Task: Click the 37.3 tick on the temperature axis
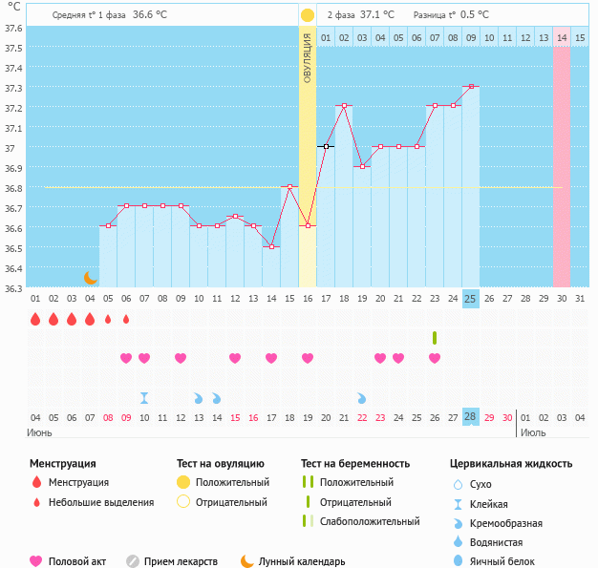pos(13,88)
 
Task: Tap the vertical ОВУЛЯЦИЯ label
pos(308,57)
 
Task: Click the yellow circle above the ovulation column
pos(308,15)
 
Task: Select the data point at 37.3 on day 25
pos(471,86)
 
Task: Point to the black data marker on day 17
pos(326,146)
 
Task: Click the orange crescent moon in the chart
pos(90,277)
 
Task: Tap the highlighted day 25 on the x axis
pos(471,299)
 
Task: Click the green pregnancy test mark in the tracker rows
pos(435,338)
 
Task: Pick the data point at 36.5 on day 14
pos(271,246)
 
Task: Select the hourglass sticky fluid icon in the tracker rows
pos(144,397)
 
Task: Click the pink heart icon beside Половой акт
pos(37,561)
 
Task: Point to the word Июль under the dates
pos(534,432)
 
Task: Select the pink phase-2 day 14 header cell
pos(562,37)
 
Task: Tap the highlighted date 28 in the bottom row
pos(471,417)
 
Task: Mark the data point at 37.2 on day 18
pos(344,106)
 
